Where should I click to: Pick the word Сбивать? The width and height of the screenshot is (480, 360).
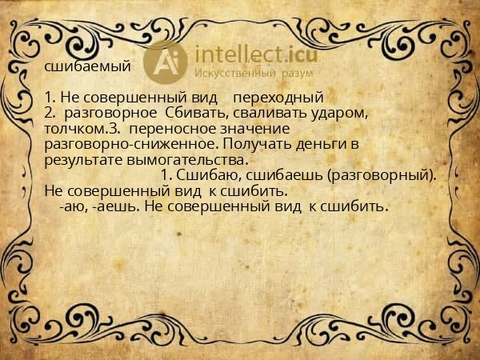(x=186, y=114)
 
